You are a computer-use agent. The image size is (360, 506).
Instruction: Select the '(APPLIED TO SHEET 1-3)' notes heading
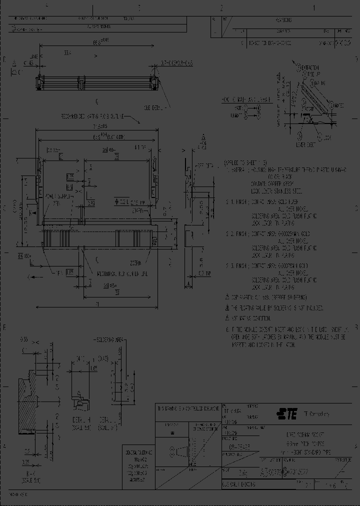pos(245,163)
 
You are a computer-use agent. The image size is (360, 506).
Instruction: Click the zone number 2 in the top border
pos(221,8)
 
